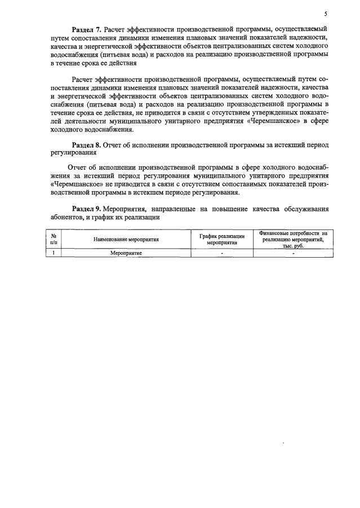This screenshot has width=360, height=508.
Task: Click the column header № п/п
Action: (53, 239)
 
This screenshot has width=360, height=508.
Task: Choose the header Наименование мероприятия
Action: (127, 239)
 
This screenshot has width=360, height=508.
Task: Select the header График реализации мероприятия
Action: (222, 239)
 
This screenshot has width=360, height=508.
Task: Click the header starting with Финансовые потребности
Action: (293, 233)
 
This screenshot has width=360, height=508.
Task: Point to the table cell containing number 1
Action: (53, 253)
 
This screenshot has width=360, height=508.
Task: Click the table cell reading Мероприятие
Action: (126, 253)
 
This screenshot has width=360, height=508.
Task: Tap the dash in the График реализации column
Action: (222, 253)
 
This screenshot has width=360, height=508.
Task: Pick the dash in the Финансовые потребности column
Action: (293, 253)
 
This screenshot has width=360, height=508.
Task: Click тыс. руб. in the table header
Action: (293, 246)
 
